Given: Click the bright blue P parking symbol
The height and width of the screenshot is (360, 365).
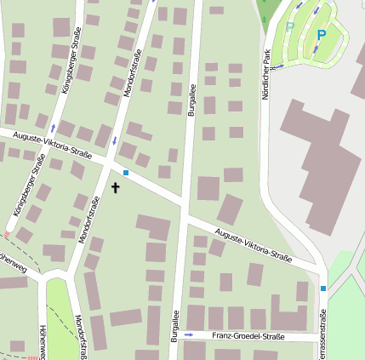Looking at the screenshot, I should (321, 36).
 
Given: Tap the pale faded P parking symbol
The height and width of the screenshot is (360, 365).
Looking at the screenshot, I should (289, 27).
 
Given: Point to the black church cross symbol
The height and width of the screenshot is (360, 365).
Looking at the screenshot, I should (116, 186).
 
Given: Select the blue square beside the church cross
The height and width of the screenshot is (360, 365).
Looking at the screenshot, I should (126, 173).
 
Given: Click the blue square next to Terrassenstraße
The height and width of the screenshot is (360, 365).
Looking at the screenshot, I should (323, 289).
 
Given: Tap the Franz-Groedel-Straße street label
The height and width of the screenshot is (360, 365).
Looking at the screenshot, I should (248, 336).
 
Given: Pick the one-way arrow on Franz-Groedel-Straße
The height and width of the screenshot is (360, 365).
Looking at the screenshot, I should (189, 335).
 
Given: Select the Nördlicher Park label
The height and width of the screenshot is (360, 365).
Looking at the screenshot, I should (265, 71).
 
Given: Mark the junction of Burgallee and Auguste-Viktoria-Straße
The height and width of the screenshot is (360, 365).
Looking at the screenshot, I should (183, 204).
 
